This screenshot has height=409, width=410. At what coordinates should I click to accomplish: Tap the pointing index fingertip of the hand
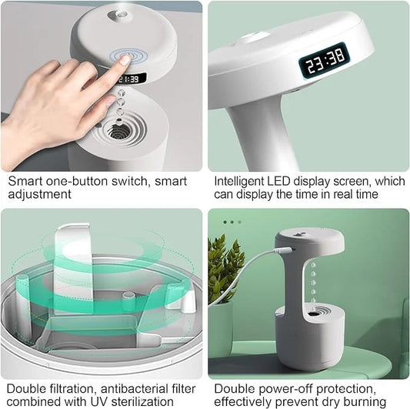tap(124, 60)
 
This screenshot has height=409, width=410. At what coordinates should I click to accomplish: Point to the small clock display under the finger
tap(130, 79)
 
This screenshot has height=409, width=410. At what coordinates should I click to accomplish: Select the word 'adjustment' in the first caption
tap(39, 195)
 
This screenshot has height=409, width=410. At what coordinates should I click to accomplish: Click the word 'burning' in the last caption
tap(362, 402)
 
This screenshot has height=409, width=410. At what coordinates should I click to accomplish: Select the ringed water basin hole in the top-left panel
tap(118, 131)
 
